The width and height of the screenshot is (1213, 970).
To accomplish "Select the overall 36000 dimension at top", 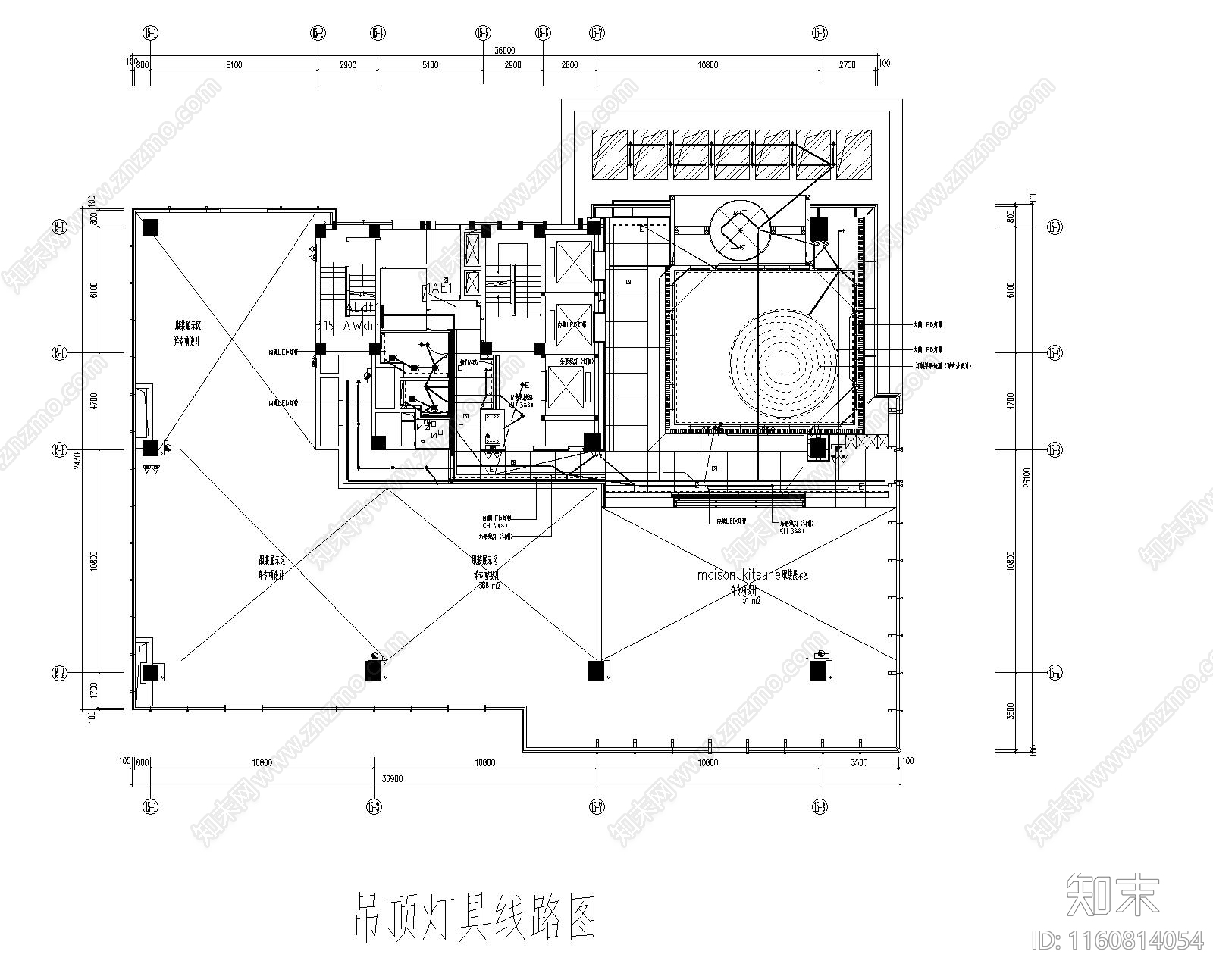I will tap(504, 50).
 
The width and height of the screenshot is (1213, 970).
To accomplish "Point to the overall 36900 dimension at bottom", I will tap(391, 778).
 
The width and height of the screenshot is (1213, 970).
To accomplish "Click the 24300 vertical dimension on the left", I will tap(76, 458).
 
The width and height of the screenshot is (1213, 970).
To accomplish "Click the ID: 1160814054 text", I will tap(1117, 940).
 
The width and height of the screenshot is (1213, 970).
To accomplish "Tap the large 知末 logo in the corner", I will tap(1112, 894).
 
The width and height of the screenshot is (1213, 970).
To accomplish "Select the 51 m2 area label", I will tap(751, 599).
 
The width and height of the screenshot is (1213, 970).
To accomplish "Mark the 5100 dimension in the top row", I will tap(430, 65).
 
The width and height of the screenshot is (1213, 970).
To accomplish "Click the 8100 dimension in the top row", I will tap(234, 65).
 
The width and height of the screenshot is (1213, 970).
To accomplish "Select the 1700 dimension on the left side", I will tap(92, 690).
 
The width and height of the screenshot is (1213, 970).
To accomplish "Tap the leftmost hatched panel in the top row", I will tap(610, 155).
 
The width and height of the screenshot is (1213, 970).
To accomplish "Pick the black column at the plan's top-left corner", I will tap(150, 226).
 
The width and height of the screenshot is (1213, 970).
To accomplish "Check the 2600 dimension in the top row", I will tap(569, 65).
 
